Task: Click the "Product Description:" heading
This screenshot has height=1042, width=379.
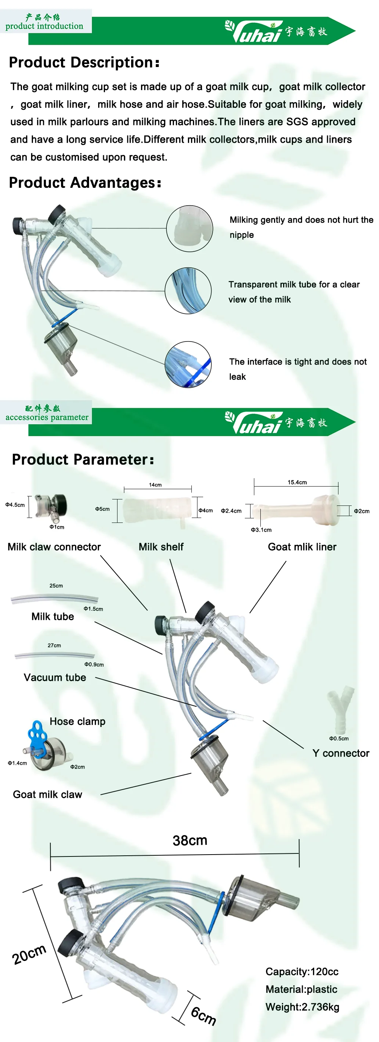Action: coord(84,62)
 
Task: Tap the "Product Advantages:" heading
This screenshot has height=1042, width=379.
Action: coord(85,183)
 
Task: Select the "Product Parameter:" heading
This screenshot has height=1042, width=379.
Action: coord(83,460)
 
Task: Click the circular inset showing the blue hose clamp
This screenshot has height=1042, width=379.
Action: coord(188,365)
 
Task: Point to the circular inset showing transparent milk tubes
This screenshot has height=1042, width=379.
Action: coord(188,290)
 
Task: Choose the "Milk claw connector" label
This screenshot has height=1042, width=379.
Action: coord(54,547)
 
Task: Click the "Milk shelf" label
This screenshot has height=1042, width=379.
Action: coord(161,547)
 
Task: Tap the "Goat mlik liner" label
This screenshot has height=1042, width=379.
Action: coord(302,547)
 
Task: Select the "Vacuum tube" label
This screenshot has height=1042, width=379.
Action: coord(55,677)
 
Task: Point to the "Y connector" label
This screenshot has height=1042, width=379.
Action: coord(341,753)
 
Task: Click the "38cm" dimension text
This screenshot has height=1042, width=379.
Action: coord(190,841)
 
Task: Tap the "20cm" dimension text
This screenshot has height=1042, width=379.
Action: coord(29,955)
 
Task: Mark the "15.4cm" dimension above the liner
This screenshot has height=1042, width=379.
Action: coord(297,482)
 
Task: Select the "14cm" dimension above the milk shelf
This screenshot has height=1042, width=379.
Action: coord(155,485)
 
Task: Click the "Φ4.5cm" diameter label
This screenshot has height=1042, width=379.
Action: coord(15,505)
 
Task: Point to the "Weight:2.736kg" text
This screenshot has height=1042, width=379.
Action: coord(302,1007)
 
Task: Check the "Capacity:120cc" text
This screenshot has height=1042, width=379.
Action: coord(302,972)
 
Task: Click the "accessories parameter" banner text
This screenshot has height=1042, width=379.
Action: coord(47,417)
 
